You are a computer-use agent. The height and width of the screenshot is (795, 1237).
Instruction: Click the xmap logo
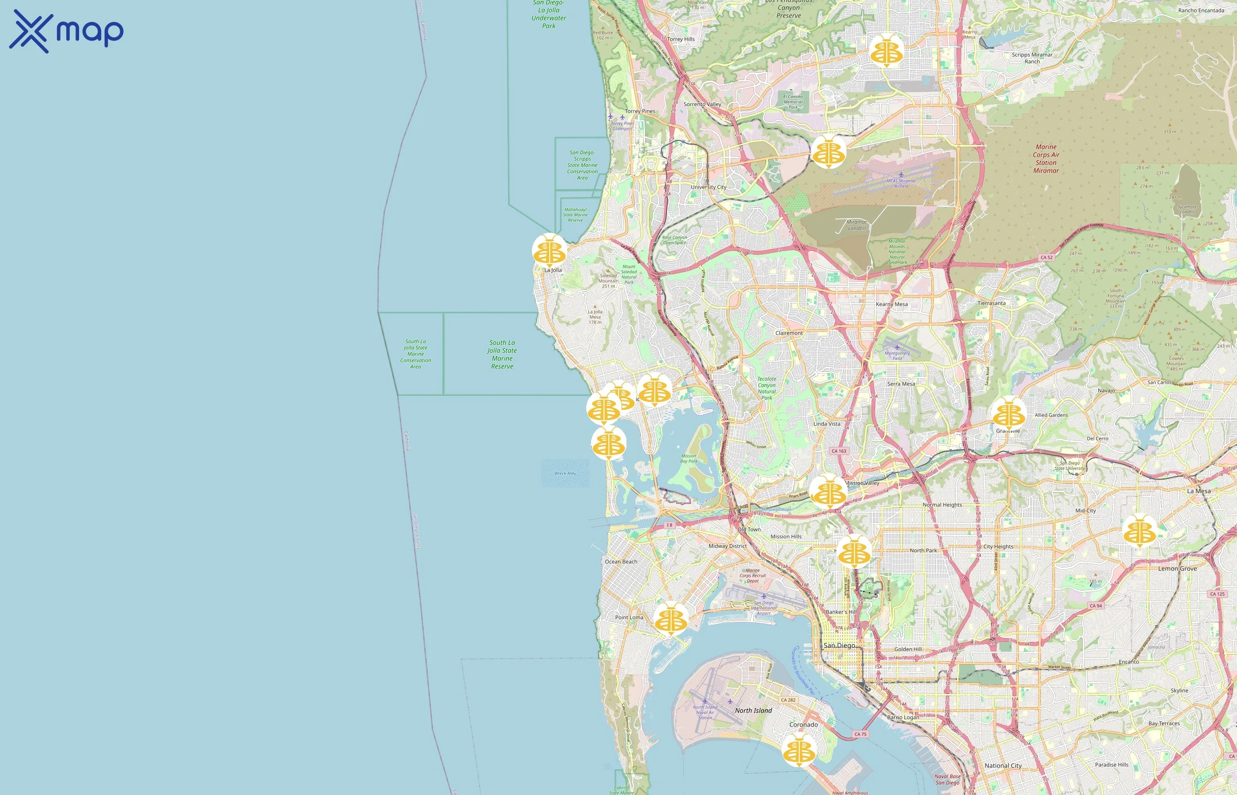(66, 31)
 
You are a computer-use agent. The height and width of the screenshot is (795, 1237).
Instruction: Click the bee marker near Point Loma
(671, 618)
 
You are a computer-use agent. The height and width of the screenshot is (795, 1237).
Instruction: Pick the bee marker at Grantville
(1008, 413)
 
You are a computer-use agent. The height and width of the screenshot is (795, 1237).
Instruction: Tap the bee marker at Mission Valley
(828, 492)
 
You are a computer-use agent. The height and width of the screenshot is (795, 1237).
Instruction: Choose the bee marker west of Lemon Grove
(1139, 531)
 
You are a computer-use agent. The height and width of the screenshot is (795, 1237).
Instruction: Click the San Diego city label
(839, 645)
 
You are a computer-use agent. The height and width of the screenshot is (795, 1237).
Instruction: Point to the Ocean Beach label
(621, 562)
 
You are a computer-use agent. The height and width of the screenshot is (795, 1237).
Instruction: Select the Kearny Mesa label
(892, 304)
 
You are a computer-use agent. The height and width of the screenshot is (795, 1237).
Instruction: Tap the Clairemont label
(789, 333)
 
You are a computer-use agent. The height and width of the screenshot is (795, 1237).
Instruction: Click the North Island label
(753, 710)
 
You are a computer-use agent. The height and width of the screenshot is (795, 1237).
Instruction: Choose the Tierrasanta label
(991, 303)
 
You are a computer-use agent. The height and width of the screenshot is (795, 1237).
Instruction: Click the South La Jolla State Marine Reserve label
(502, 354)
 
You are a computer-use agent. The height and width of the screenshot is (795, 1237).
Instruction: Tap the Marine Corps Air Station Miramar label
(1046, 159)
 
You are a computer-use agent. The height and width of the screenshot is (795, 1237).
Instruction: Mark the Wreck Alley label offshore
(565, 473)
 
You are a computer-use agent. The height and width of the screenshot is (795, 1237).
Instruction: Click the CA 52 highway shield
(1047, 257)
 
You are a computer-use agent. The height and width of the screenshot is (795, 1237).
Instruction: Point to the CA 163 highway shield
(839, 450)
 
